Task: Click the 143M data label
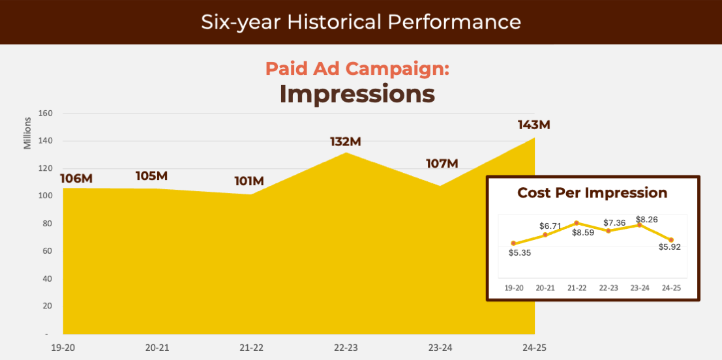[534, 125]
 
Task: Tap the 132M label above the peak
[344, 142]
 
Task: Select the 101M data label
[249, 181]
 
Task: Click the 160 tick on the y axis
[46, 113]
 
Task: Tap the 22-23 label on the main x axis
[346, 348]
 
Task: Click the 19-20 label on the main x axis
[63, 348]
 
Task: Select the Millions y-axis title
[27, 133]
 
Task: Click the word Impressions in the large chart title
[357, 94]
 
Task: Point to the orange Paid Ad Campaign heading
[357, 68]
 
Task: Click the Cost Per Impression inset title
[592, 193]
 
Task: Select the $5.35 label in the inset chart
[520, 252]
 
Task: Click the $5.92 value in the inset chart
[669, 247]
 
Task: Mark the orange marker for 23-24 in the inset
[639, 225]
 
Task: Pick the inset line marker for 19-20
[513, 243]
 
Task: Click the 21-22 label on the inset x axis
[577, 288]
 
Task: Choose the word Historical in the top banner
[333, 22]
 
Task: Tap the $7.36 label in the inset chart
[614, 222]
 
